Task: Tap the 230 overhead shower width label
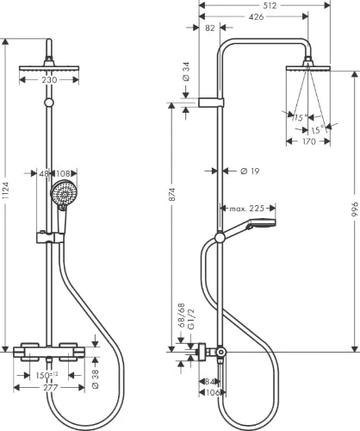[49, 80]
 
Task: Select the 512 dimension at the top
[270, 5]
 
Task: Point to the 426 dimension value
[256, 17]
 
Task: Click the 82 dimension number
[210, 28]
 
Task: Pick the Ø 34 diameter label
[186, 72]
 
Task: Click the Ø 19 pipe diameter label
[250, 172]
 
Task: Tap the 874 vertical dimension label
[171, 194]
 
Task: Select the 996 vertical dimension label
[355, 209]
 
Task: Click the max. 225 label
[247, 209]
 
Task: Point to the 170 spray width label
[308, 141]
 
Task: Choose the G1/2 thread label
[191, 319]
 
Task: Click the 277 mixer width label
[50, 388]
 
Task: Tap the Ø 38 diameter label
[96, 379]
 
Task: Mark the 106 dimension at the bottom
[213, 392]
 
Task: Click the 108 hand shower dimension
[63, 173]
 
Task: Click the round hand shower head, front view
[63, 192]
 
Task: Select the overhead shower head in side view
[308, 67]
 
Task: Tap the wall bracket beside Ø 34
[211, 103]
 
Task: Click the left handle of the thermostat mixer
[29, 351]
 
